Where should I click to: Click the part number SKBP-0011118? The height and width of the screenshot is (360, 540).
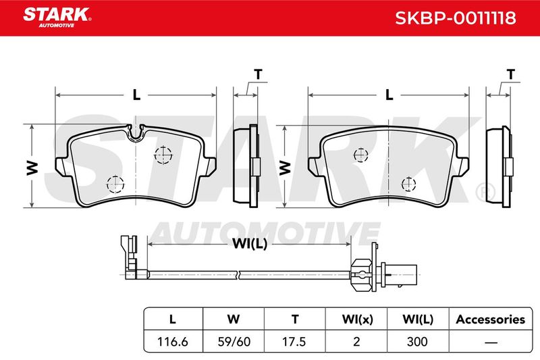click(455, 18)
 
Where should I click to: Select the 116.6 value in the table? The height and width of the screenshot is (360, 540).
click(173, 342)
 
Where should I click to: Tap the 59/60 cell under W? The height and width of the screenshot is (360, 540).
click(234, 342)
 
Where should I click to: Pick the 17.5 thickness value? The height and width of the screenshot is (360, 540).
click(294, 342)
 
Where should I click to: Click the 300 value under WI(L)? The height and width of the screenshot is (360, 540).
click(417, 342)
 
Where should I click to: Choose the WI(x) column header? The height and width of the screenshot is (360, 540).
click(357, 319)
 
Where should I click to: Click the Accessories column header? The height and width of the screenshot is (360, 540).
click(491, 319)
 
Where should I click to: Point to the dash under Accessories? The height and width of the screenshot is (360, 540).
click(491, 342)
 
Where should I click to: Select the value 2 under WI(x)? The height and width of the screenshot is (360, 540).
click(356, 342)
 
